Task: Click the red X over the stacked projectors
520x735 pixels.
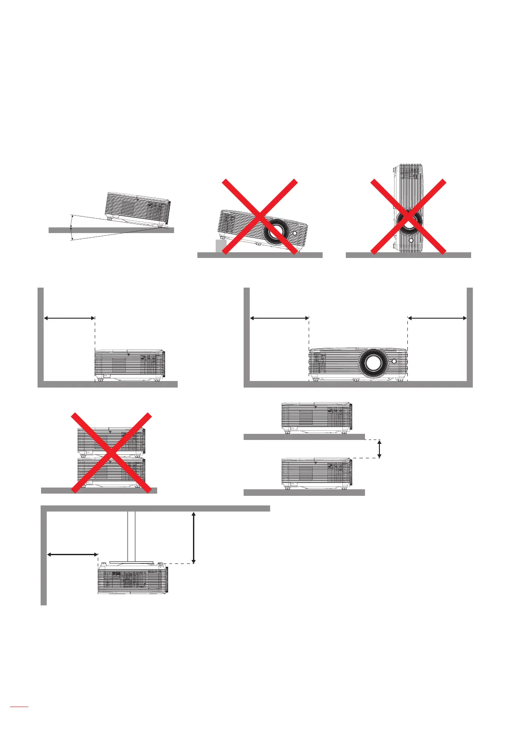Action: click(111, 452)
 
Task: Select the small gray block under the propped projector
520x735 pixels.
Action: click(220, 246)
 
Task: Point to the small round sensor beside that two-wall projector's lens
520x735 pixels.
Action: click(394, 361)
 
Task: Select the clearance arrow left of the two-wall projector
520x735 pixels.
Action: click(279, 318)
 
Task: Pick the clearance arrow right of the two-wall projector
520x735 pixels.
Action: click(437, 318)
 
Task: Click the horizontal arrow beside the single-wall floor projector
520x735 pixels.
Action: click(69, 318)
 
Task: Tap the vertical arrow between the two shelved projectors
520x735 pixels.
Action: click(379, 449)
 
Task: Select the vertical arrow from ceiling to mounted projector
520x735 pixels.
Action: click(193, 538)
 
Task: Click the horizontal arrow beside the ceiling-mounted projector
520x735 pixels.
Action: click(72, 554)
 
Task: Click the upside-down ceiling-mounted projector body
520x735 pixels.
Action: click(133, 578)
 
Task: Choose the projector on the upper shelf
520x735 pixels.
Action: click(317, 417)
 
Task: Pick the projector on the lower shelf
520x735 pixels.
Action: click(317, 473)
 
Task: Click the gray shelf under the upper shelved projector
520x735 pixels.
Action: click(304, 436)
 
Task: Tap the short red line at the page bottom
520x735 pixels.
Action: click(19, 718)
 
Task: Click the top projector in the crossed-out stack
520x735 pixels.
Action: click(111, 440)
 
